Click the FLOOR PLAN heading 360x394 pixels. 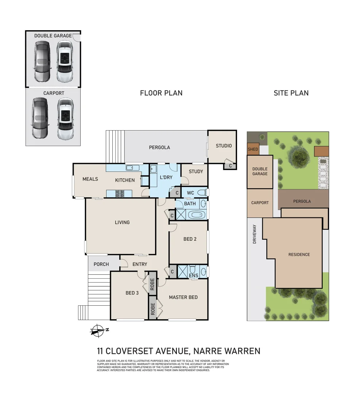[161, 93]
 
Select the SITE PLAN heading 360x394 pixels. [291, 93]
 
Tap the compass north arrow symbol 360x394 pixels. [98, 331]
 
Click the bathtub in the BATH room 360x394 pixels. [197, 215]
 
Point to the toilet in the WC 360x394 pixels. [202, 192]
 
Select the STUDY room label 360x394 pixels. [196, 171]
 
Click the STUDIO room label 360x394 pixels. [224, 146]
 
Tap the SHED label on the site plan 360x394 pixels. [253, 149]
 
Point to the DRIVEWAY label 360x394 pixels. [255, 234]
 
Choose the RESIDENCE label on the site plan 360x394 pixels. [299, 255]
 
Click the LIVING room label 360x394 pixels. [122, 223]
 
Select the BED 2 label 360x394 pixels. [190, 239]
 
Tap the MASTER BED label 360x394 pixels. [183, 297]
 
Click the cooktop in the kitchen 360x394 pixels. [120, 194]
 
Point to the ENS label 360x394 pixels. [193, 276]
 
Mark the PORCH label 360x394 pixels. [101, 264]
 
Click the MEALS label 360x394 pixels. [90, 179]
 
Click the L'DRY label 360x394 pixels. [166, 177]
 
